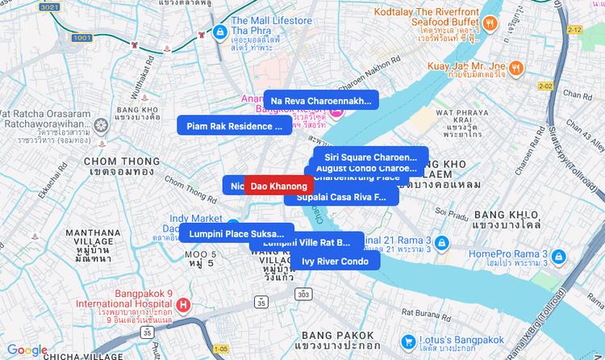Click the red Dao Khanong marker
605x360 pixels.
(x=279, y=186)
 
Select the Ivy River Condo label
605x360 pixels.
(x=335, y=261)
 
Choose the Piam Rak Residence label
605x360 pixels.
(x=235, y=125)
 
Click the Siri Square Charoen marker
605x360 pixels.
(x=370, y=157)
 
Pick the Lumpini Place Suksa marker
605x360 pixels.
(x=236, y=233)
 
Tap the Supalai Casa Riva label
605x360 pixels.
(x=341, y=197)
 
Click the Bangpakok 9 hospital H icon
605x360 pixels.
(x=184, y=304)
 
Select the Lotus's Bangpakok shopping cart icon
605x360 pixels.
(x=409, y=341)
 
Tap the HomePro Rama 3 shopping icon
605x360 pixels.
(x=559, y=257)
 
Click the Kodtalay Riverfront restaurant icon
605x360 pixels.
(x=489, y=23)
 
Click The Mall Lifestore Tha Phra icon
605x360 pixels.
(x=219, y=31)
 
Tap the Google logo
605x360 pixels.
(x=27, y=350)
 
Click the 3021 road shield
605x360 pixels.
(x=48, y=6)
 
